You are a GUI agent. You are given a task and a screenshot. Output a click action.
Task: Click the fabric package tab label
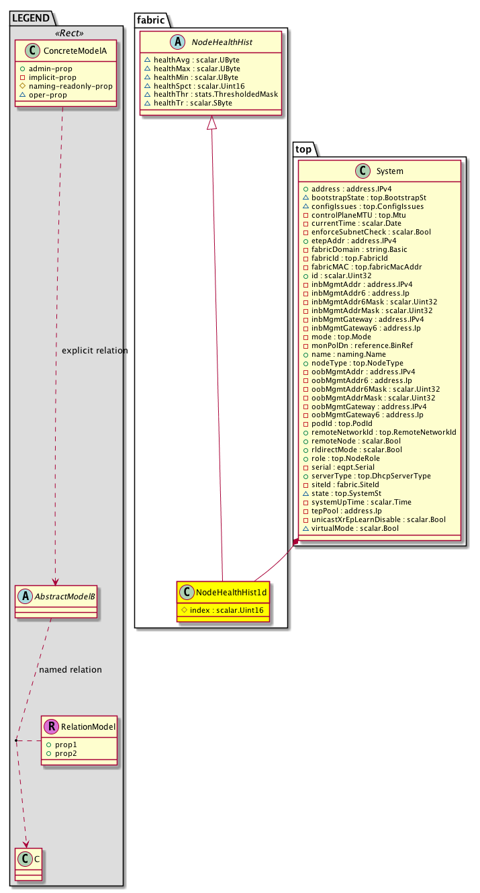click(x=150, y=20)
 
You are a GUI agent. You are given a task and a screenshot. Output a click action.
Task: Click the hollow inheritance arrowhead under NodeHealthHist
click(x=211, y=123)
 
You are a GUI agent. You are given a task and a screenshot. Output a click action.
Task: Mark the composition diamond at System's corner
click(x=295, y=542)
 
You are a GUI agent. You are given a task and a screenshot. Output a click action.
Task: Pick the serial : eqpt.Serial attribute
click(x=338, y=467)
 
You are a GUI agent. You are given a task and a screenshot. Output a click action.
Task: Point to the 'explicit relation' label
click(x=94, y=351)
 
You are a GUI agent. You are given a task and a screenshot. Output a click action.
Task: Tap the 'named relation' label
click(x=70, y=670)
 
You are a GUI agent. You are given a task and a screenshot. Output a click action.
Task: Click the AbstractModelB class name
click(x=62, y=595)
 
